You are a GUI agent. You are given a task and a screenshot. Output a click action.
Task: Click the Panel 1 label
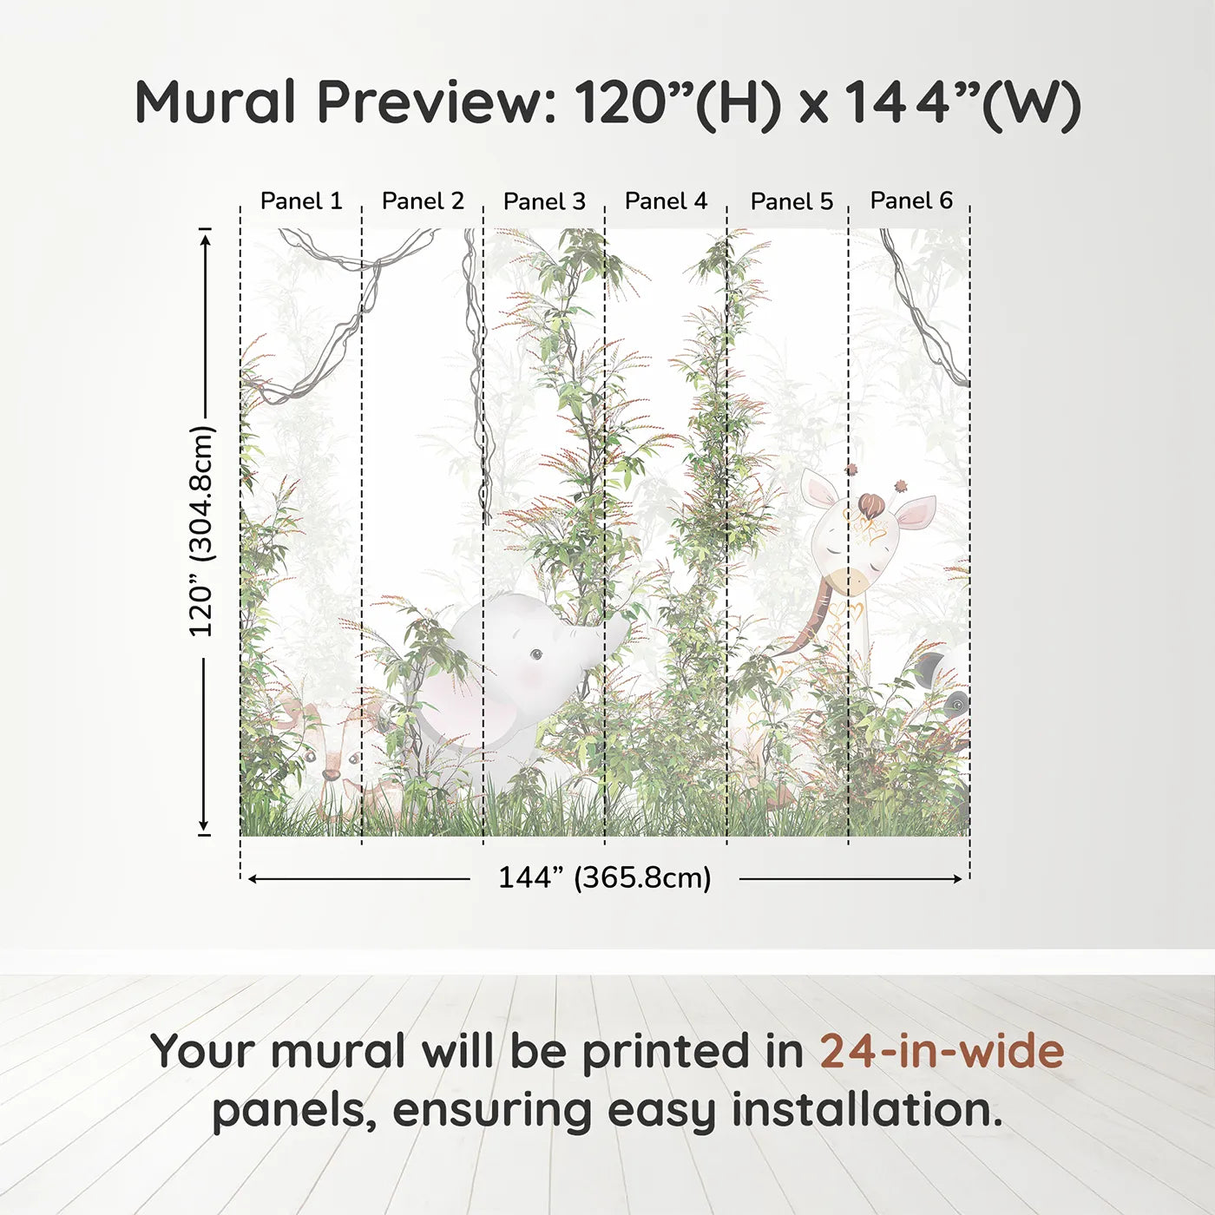tap(301, 201)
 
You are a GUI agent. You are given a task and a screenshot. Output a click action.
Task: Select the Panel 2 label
tap(423, 201)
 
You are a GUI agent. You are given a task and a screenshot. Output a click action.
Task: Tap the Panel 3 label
tap(545, 201)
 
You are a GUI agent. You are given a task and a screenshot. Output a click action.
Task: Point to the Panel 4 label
tap(667, 201)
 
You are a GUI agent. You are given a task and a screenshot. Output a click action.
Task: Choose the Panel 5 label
tap(792, 201)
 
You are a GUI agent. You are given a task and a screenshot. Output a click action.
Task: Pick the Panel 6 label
tap(912, 200)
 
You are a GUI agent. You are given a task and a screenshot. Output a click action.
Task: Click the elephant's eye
tap(536, 655)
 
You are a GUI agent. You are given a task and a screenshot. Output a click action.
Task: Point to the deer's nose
tap(330, 774)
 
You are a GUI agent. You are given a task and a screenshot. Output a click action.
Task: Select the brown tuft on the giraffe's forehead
tap(870, 505)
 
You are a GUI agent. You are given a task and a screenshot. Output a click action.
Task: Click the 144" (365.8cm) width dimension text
tap(605, 877)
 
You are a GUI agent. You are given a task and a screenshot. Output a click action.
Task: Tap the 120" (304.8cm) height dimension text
tap(201, 531)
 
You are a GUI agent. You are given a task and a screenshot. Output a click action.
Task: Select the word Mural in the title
tap(215, 102)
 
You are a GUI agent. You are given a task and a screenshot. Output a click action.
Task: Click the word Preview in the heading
tap(437, 102)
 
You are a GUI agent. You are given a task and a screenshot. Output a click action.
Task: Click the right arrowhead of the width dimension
tap(958, 879)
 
